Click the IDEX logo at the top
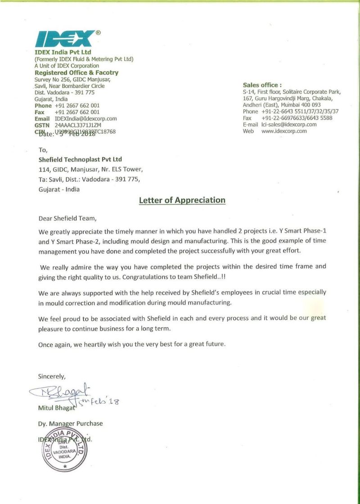click(65, 39)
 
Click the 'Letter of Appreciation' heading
click(182, 200)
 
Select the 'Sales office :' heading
click(262, 85)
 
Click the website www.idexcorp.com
click(284, 131)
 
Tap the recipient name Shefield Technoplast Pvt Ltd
click(81, 159)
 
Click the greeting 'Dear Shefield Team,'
click(67, 219)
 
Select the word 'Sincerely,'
click(52, 376)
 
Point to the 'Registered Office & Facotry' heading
click(76, 72)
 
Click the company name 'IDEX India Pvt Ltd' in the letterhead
click(63, 52)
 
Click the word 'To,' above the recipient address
click(43, 150)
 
